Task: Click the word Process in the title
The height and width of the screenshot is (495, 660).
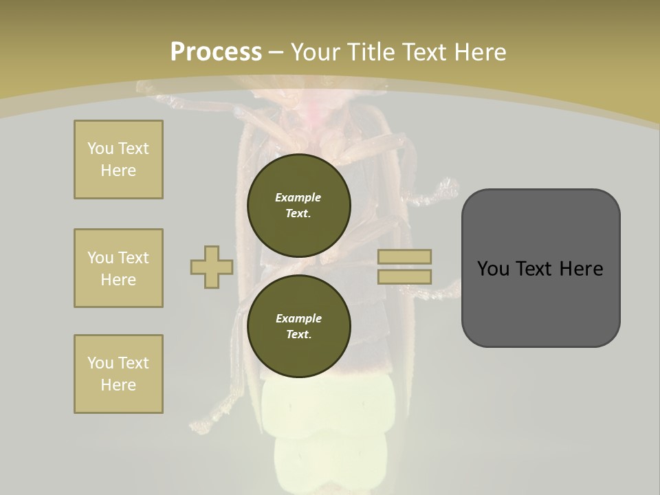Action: point(216,52)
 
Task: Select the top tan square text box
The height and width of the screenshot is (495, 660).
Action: point(118,159)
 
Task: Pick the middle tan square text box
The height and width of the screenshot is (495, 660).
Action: point(118,268)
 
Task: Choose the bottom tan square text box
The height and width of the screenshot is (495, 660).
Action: point(118,374)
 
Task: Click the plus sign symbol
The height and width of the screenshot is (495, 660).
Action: point(211,267)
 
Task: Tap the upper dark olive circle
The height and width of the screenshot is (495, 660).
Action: point(298,205)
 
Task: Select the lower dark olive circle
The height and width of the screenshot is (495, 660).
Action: point(298,326)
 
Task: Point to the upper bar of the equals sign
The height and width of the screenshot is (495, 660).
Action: point(405,256)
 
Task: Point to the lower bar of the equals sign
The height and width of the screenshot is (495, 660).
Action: point(405,276)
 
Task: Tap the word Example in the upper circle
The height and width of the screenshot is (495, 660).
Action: point(298,197)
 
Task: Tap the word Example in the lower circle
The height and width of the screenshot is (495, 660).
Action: point(298,318)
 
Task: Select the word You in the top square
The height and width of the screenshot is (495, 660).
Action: point(99,148)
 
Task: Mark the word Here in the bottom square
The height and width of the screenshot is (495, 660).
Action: point(118,385)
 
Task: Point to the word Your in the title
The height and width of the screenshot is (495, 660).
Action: point(314,52)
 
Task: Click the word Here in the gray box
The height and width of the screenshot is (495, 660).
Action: point(581,269)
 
